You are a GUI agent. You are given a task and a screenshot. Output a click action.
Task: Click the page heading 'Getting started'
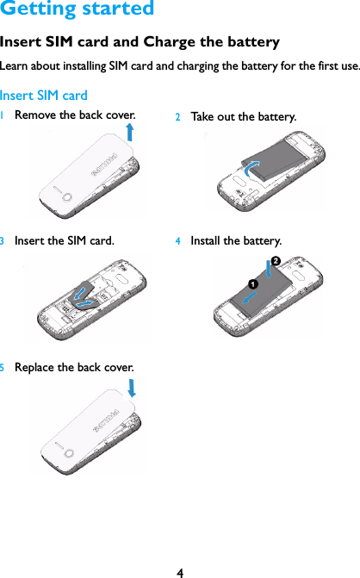(78, 10)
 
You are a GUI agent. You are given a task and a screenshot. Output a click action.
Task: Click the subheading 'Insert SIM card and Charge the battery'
(140, 42)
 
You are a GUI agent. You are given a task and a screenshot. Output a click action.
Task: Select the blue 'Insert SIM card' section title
(44, 95)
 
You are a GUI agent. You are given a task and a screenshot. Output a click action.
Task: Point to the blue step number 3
(3, 240)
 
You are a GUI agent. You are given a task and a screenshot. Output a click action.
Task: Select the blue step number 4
(178, 241)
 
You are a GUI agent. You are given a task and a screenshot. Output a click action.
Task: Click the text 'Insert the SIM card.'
(65, 240)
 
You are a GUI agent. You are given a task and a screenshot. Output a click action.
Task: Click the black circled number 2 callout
(275, 260)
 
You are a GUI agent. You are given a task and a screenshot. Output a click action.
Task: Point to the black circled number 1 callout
(254, 283)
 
